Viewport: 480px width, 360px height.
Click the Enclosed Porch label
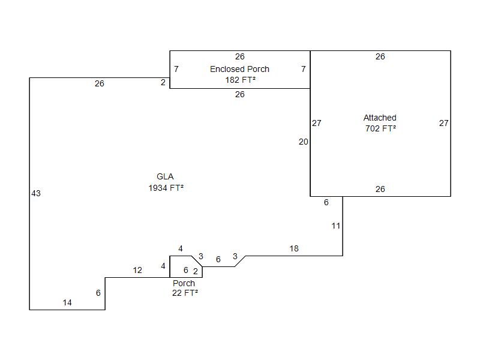tap(239, 69)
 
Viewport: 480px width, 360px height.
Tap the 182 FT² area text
tap(239, 79)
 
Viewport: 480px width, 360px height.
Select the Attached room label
tap(380, 118)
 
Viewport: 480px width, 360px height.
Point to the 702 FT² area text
tap(380, 128)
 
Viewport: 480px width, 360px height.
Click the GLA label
tap(165, 176)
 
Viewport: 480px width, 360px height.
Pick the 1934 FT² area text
tap(166, 188)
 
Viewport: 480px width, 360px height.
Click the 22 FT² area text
tap(185, 293)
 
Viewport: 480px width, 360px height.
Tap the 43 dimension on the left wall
tap(36, 193)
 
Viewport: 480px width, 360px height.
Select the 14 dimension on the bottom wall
tap(67, 303)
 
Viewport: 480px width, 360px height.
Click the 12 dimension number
tap(137, 271)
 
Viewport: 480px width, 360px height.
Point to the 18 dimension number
tap(294, 248)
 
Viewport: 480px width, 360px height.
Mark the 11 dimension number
tap(336, 226)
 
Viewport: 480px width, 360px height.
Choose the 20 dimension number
tap(303, 142)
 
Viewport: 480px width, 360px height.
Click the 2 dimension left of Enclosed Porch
tap(163, 83)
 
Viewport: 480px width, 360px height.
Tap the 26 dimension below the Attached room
tap(380, 189)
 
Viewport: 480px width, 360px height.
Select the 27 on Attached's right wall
tap(443, 124)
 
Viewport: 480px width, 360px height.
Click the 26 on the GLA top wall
tap(100, 84)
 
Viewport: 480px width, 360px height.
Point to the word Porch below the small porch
tap(184, 283)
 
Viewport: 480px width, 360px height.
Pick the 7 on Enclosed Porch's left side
tap(176, 70)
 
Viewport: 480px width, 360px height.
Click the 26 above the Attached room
tap(380, 57)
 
